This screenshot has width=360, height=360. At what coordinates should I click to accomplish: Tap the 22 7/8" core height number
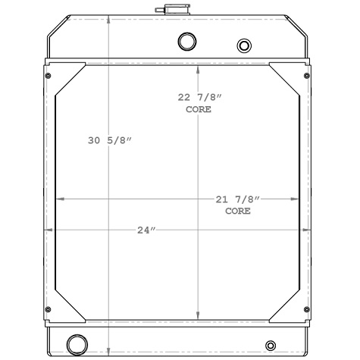coord(199,97)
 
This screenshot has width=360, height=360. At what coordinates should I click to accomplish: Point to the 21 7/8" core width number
coord(238,199)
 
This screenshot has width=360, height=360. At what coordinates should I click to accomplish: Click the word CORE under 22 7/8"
coord(199,110)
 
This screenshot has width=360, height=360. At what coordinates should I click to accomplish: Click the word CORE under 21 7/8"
coord(238,211)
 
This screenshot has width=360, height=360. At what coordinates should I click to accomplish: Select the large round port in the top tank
coord(186,41)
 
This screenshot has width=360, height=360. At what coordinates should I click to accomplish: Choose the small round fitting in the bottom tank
coord(271,346)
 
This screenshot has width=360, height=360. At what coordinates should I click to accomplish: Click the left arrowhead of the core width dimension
coord(60,199)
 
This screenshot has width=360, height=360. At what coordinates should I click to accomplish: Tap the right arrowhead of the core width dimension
coord(296,199)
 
